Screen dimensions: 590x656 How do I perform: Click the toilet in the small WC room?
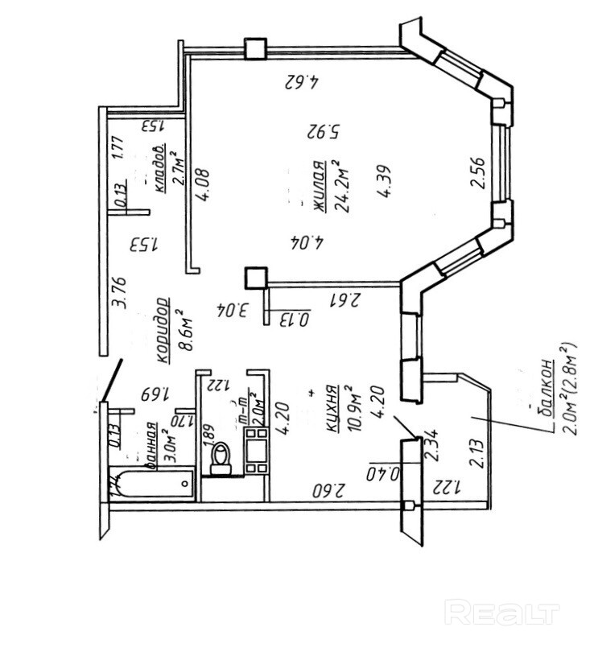(x=219, y=459)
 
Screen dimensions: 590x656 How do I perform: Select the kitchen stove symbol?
(x=258, y=451)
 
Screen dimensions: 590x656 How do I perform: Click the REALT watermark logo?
(x=501, y=613)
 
